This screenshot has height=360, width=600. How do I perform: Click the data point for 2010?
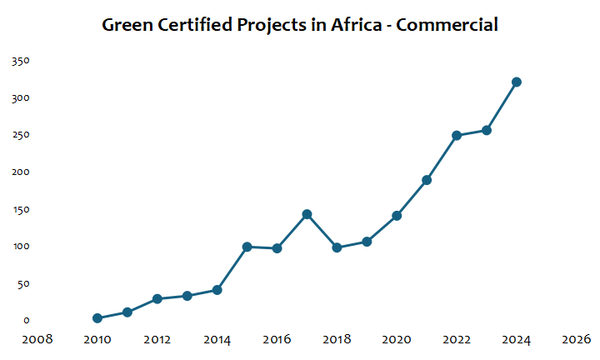click(97, 318)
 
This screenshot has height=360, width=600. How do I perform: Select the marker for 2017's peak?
click(307, 214)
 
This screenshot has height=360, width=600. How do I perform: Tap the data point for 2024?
click(517, 82)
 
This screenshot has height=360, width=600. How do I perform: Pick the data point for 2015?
click(247, 247)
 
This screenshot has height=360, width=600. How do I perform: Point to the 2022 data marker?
click(457, 135)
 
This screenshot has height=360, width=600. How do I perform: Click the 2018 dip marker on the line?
click(337, 247)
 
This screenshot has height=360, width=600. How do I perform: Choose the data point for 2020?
click(397, 216)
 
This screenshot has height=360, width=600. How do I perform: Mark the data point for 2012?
click(157, 298)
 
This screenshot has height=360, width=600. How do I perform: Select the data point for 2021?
click(427, 180)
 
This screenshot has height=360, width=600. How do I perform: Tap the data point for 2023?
click(487, 130)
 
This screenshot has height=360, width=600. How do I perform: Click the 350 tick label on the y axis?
click(21, 61)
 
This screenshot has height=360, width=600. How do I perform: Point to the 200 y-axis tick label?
click(21, 172)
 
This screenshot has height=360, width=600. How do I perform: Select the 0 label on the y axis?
click(27, 321)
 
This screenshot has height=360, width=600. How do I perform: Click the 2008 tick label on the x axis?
click(37, 340)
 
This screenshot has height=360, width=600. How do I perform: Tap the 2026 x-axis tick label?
click(577, 340)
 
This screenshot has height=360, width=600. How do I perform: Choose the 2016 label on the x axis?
click(277, 340)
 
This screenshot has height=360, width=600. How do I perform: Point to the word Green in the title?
click(126, 25)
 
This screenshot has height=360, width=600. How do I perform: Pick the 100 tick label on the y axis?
click(21, 247)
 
